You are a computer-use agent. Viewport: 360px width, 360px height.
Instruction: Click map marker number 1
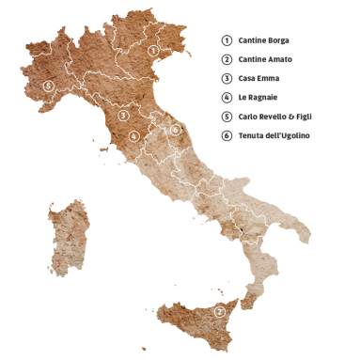(x=153, y=50)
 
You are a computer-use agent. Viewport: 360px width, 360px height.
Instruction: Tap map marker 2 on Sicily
(x=219, y=311)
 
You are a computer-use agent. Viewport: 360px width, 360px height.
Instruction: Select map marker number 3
(x=123, y=116)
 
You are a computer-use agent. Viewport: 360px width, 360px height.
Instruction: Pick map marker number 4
(x=135, y=136)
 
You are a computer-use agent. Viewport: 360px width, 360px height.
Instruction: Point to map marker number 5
(x=48, y=86)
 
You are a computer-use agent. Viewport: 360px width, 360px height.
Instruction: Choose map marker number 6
(x=175, y=129)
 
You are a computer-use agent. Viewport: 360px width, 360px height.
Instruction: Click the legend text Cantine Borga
(x=263, y=40)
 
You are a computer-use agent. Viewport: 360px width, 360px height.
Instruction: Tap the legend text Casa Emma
(x=259, y=79)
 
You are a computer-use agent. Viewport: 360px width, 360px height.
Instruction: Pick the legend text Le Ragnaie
(x=258, y=98)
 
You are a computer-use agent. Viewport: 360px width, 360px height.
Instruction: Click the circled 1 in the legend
(x=227, y=40)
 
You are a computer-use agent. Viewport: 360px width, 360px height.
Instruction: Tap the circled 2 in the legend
(x=227, y=59)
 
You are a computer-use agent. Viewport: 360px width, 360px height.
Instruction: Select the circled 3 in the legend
(x=227, y=79)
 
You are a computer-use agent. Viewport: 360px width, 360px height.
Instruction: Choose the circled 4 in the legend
(x=227, y=98)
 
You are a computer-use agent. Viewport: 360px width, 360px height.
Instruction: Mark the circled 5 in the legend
(x=227, y=117)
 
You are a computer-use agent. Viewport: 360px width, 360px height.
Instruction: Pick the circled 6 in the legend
(x=227, y=136)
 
